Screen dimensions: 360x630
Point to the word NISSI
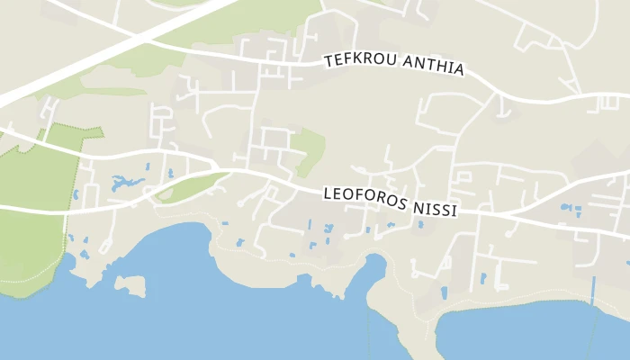click(x=435, y=208)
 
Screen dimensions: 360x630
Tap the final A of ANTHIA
click(x=459, y=70)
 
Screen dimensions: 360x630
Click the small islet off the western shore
click(x=130, y=285)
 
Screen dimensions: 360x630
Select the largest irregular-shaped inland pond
click(x=126, y=184)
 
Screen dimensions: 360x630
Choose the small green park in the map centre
click(x=310, y=151)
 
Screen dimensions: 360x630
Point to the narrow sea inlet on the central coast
click(x=373, y=270)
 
